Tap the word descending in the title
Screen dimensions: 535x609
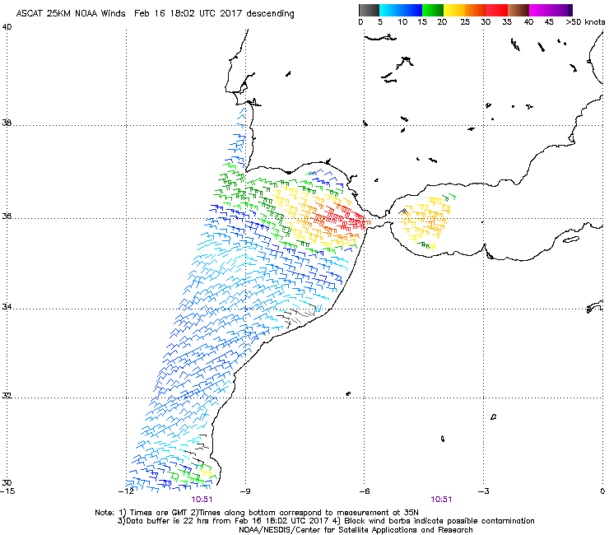(266, 13)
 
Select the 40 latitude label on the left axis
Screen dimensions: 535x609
(7, 26)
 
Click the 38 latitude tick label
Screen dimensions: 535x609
(7, 124)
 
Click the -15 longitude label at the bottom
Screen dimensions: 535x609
(7, 491)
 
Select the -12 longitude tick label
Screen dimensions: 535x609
(126, 491)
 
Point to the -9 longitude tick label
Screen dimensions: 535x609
(244, 491)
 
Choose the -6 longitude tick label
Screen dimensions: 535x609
(364, 491)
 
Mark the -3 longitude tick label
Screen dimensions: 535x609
(483, 491)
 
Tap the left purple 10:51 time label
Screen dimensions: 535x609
(202, 499)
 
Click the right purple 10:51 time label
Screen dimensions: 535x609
(441, 499)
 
